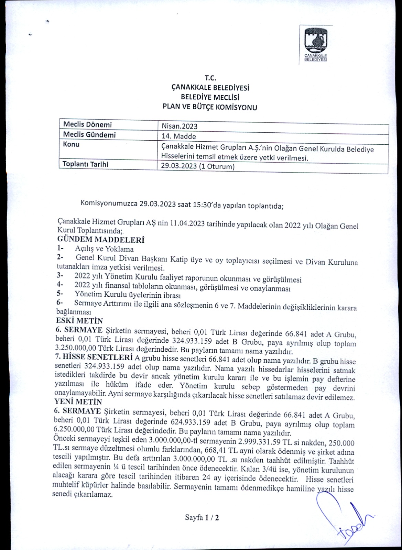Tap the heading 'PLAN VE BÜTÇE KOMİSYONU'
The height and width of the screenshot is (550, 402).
pos(210,107)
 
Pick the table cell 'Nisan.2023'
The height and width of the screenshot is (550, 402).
pos(180,126)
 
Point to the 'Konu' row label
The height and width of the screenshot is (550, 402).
pos(71,144)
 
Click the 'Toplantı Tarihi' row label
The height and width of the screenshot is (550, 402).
pos(85,164)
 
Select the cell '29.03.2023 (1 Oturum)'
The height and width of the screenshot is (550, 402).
pos(198,167)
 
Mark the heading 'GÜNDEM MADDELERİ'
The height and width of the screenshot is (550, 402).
pos(100,240)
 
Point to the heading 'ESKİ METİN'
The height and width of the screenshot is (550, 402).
pos(79,321)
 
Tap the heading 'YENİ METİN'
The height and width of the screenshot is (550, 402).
pos(78,401)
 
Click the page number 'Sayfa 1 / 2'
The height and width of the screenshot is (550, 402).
pos(202,517)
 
